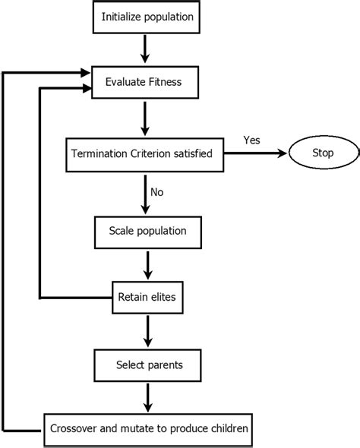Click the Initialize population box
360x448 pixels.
click(x=147, y=16)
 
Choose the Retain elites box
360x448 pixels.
click(x=147, y=296)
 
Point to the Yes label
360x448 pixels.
click(x=251, y=140)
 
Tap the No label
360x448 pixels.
click(x=157, y=193)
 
